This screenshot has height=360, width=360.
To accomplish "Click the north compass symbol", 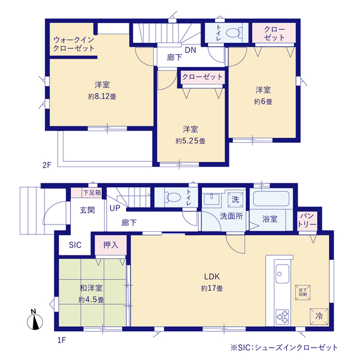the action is click(35, 320).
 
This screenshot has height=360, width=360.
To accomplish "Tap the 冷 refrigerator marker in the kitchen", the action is click(319, 316).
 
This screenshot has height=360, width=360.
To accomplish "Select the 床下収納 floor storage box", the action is click(303, 292).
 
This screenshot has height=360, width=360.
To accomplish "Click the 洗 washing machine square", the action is click(235, 200).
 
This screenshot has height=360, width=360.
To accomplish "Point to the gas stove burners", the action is click(282, 317).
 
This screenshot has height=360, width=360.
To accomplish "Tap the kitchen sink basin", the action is click(282, 274).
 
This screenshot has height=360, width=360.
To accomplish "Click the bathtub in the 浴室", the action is click(271, 199).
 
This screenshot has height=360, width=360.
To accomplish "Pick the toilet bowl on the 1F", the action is click(174, 197).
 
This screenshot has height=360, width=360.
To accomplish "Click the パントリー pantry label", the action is click(307, 220).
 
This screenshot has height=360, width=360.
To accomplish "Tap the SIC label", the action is click(75, 245).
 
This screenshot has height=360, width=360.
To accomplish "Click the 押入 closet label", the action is click(111, 245).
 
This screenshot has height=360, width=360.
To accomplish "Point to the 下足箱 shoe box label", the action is click(92, 192).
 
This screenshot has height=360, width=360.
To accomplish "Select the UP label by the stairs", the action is click(115, 208).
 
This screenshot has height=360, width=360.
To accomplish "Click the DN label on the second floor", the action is click(191, 50).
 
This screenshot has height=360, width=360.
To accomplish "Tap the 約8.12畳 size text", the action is click(102, 96).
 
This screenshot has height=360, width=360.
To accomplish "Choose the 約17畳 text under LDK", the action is click(212, 289).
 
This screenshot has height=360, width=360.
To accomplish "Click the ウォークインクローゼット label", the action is click(74, 44).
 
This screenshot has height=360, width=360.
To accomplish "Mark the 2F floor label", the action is click(47, 165).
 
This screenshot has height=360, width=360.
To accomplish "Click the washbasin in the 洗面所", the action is click(211, 199).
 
